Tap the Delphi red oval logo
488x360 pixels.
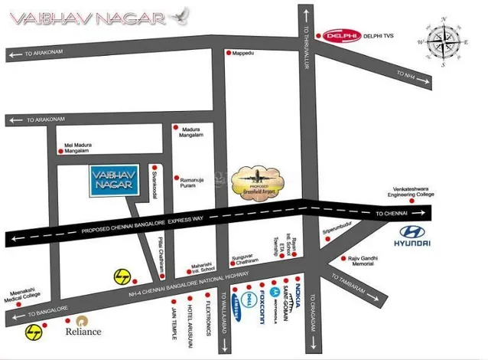tap(337, 35)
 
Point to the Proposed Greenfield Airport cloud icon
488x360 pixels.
tap(256, 179)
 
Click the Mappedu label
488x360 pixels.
tap(242, 53)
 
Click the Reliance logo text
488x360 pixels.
tap(83, 331)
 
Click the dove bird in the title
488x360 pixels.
tap(182, 15)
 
